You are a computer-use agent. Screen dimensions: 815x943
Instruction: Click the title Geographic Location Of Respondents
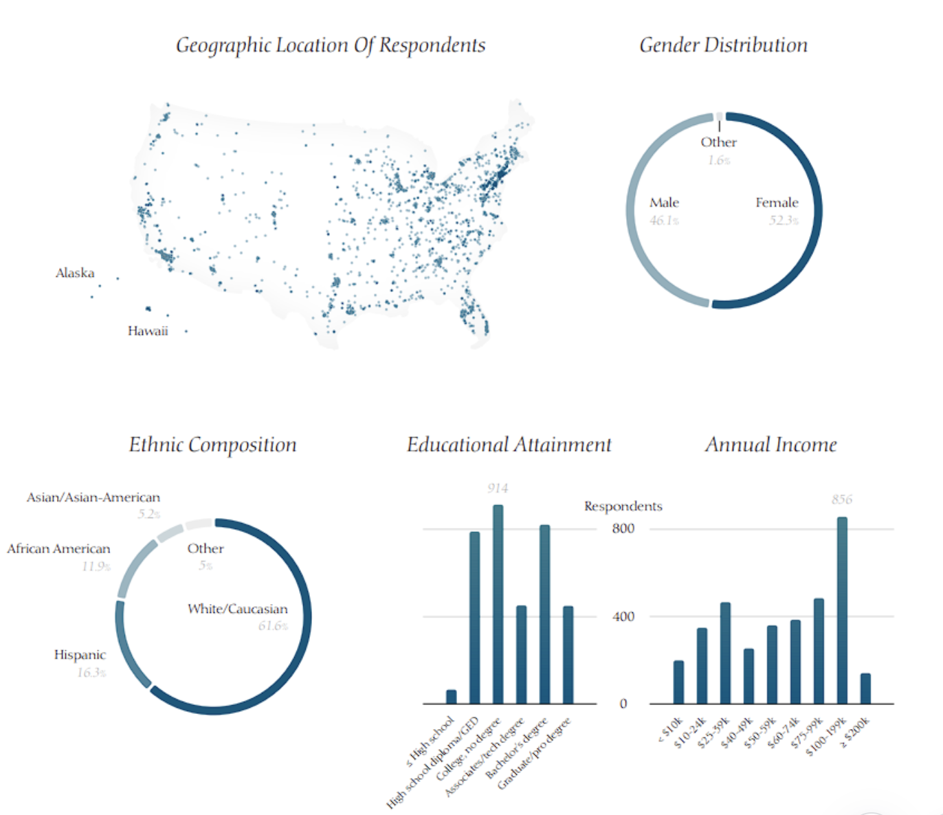[x=331, y=45]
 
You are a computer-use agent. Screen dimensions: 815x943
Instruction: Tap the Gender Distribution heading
[x=723, y=45]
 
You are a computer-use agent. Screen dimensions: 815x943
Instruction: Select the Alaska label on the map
[x=75, y=273]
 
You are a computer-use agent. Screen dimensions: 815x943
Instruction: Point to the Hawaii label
[x=148, y=331]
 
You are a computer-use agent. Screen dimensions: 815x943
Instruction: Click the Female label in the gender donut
[x=777, y=203]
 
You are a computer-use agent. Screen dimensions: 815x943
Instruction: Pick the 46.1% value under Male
[x=664, y=221]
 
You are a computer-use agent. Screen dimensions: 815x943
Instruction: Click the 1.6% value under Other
[x=719, y=160]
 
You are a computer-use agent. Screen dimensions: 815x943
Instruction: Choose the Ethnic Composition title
[x=212, y=445]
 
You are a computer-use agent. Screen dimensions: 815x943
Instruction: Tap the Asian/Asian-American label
[x=93, y=497]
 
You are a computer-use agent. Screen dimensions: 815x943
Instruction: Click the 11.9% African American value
[x=96, y=566]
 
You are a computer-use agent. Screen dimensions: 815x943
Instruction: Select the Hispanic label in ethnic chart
[x=80, y=655]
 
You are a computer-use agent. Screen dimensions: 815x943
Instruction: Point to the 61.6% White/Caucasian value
[x=273, y=626]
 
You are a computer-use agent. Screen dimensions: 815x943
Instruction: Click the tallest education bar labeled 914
[x=498, y=605]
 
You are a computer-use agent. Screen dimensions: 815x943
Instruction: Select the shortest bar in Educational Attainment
[x=451, y=697]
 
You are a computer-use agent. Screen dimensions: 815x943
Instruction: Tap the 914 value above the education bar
[x=498, y=489]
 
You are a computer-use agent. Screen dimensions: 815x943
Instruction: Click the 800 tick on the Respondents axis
[x=623, y=528]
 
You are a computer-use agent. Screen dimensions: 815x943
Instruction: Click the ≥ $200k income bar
[x=865, y=689]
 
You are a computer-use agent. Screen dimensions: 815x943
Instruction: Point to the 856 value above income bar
[x=842, y=500]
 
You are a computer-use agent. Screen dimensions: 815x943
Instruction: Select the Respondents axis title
[x=623, y=506]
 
